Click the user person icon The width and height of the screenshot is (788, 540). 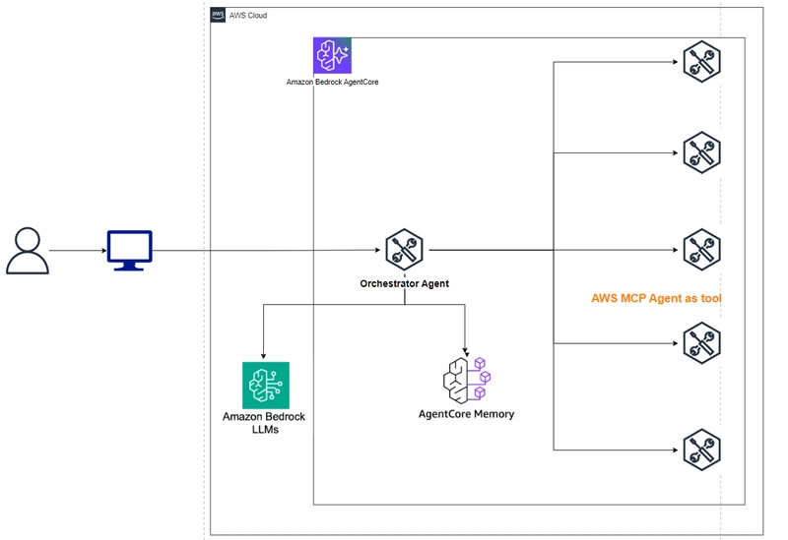click(x=28, y=251)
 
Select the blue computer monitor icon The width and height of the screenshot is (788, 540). click(x=130, y=251)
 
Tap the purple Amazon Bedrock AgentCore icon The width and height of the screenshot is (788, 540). click(x=332, y=55)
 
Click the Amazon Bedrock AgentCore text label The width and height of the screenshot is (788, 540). click(x=332, y=82)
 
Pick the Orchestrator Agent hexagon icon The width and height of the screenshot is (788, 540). click(x=405, y=250)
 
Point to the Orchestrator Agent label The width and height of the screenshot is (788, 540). click(x=405, y=283)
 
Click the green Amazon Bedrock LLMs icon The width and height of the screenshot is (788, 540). click(x=266, y=385)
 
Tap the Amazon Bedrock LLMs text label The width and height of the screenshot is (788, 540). click(x=264, y=423)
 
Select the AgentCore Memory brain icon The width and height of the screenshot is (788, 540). click(x=467, y=380)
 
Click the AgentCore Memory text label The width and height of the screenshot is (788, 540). click(x=466, y=414)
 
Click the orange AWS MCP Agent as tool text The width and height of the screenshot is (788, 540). click(x=656, y=298)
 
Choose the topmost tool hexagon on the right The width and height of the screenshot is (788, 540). click(x=702, y=62)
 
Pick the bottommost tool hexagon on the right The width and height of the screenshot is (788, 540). click(x=702, y=450)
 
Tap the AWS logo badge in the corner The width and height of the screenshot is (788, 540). click(x=218, y=15)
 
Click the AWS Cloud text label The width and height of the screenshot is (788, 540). click(x=248, y=16)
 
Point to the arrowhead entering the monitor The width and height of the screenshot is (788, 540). click(x=104, y=251)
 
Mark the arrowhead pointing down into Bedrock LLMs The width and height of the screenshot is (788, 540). click(x=263, y=356)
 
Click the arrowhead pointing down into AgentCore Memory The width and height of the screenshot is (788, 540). click(x=465, y=352)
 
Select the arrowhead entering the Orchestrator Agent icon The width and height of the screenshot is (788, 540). click(x=377, y=250)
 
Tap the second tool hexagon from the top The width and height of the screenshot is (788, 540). click(x=702, y=152)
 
